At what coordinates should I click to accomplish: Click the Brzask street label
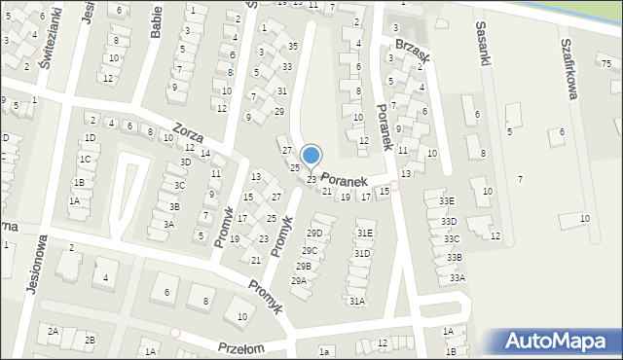pos(412,52)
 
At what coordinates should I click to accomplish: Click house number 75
pos(605,63)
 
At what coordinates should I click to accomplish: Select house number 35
pos(292,47)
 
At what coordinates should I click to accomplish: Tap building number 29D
pos(313,234)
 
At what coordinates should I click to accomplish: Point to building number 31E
pos(364,234)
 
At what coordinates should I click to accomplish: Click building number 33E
pos(446,201)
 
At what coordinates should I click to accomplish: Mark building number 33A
pos(457,278)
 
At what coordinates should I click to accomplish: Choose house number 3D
pos(186,162)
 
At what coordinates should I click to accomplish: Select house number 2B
pos(90,340)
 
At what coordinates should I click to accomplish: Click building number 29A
pos(298,281)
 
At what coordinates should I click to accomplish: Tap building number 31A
pos(357,302)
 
